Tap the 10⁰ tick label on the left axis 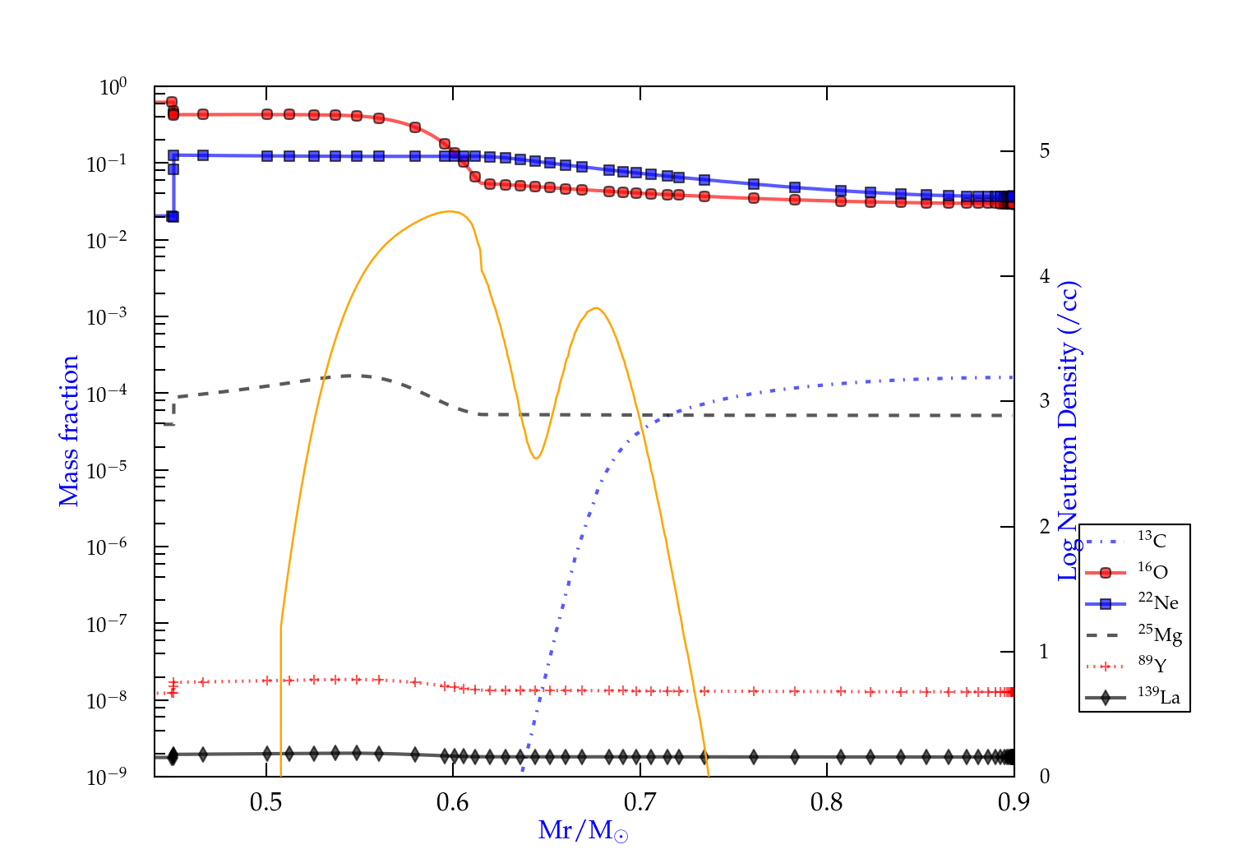click(x=113, y=87)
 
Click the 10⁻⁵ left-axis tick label click(x=107, y=471)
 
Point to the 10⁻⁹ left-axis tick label click(x=107, y=777)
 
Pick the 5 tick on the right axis click(x=1045, y=151)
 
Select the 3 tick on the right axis click(x=1045, y=401)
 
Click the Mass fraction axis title click(x=69, y=431)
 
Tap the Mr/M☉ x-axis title click(x=583, y=831)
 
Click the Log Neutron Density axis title click(x=1068, y=431)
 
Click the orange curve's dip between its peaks click(x=536, y=458)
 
